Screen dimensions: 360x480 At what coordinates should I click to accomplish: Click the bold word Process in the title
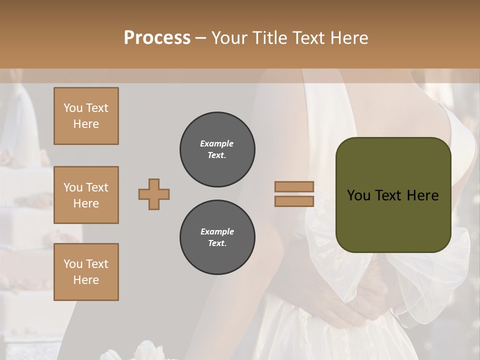point(157,37)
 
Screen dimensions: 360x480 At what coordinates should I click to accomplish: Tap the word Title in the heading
point(268,38)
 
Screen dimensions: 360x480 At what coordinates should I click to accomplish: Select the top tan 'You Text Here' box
point(86,116)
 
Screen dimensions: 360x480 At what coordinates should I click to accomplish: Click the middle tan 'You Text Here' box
point(86,195)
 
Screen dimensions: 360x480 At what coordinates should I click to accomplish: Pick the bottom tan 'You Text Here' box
point(86,272)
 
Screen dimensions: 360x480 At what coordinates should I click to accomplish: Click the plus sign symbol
point(154,194)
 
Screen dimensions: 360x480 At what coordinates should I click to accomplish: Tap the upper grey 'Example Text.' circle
point(217,149)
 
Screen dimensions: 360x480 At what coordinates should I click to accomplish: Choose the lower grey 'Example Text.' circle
point(217,237)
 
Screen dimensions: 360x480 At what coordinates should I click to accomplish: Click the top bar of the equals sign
point(294,187)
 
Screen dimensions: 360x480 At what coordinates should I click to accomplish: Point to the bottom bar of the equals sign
point(294,201)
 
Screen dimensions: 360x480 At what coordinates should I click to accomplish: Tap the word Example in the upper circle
point(217,143)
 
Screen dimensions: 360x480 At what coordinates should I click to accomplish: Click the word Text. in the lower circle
point(217,243)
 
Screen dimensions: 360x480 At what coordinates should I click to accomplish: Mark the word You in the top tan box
point(73,108)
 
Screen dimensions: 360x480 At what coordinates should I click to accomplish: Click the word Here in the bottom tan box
point(86,280)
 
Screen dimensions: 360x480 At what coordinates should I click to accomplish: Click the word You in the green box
point(358,195)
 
